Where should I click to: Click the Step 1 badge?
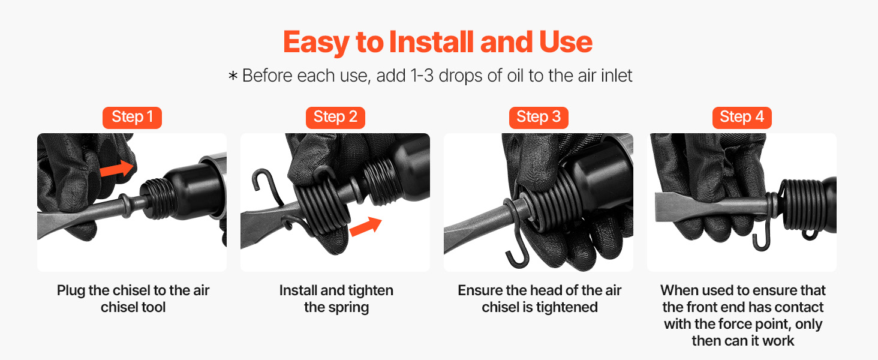[132, 118]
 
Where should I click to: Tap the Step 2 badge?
[335, 118]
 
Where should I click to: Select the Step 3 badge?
[539, 118]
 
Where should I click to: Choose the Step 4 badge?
[742, 118]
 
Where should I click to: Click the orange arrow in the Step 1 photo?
[117, 169]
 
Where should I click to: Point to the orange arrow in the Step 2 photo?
[365, 226]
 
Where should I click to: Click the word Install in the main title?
[431, 42]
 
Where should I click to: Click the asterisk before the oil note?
[233, 76]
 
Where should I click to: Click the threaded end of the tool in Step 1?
[159, 199]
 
